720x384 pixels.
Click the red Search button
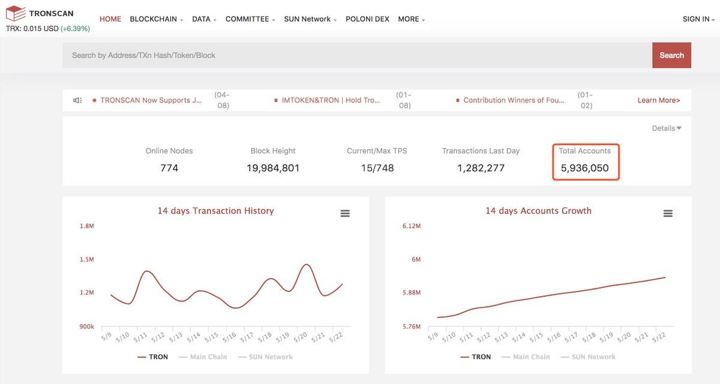pos(671,55)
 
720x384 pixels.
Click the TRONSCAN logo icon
pos(16,13)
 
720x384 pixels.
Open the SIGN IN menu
pos(698,19)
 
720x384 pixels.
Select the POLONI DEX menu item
pos(367,19)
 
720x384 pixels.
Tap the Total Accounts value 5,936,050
pos(584,168)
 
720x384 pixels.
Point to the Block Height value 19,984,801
pos(273,168)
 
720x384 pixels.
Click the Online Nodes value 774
pos(169,168)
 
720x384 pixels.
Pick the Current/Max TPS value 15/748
pos(377,168)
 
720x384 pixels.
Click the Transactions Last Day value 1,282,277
pos(481,168)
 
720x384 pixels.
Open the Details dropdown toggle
pos(667,128)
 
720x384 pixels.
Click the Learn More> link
pos(658,101)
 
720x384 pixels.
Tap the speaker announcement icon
pos(77,101)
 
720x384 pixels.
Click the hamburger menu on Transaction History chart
pos(345,213)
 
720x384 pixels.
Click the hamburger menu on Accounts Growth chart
pos(668,213)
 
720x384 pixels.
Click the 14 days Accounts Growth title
pos(538,211)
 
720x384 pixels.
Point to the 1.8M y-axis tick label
pos(87,226)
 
